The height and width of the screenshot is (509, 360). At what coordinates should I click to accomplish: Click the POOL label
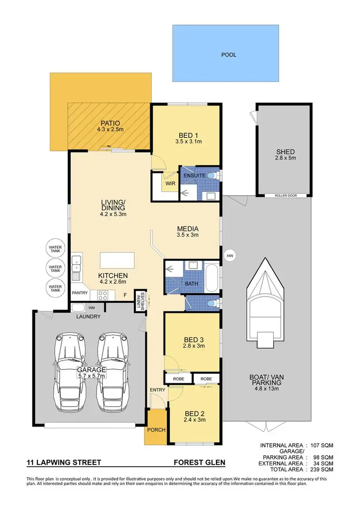tap(228, 55)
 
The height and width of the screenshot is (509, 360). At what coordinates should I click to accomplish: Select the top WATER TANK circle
tap(55, 249)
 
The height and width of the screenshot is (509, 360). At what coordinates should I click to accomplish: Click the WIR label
tap(168, 183)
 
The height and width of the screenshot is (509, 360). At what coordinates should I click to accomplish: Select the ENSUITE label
tap(195, 176)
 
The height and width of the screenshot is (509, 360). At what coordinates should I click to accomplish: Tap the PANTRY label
tap(80, 292)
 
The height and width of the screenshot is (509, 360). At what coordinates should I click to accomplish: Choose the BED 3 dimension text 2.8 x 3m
tap(193, 345)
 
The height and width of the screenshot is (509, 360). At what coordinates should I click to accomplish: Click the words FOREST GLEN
tap(199, 463)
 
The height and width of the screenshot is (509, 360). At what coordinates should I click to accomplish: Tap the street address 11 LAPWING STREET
tap(64, 463)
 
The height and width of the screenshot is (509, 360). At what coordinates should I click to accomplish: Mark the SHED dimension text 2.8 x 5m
tap(286, 158)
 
